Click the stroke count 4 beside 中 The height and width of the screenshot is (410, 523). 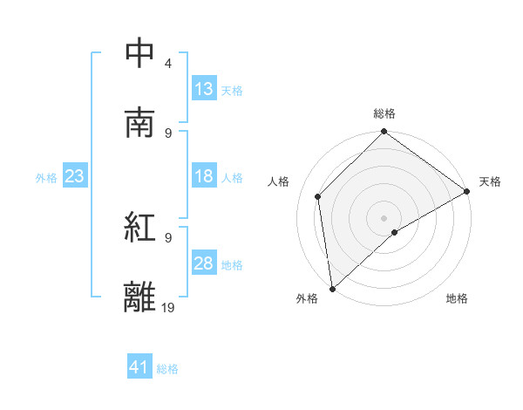168,64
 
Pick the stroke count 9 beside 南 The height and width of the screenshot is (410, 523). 168,133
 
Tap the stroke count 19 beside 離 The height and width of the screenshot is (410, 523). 169,307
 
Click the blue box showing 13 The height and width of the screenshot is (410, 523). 204,89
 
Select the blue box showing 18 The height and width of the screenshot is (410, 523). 204,176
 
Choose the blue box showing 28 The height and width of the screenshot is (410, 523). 204,263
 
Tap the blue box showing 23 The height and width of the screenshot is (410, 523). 75,176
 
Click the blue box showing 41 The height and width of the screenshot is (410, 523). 139,368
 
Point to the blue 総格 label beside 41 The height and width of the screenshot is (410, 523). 167,369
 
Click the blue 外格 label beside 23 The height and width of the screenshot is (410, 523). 46,177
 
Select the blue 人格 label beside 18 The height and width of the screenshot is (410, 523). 232,177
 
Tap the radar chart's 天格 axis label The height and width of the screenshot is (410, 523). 490,181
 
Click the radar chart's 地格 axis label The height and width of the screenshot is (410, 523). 457,298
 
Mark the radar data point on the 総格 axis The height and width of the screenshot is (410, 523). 384,133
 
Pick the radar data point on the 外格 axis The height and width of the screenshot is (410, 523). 332,289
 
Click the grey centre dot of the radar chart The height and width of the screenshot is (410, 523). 384,217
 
